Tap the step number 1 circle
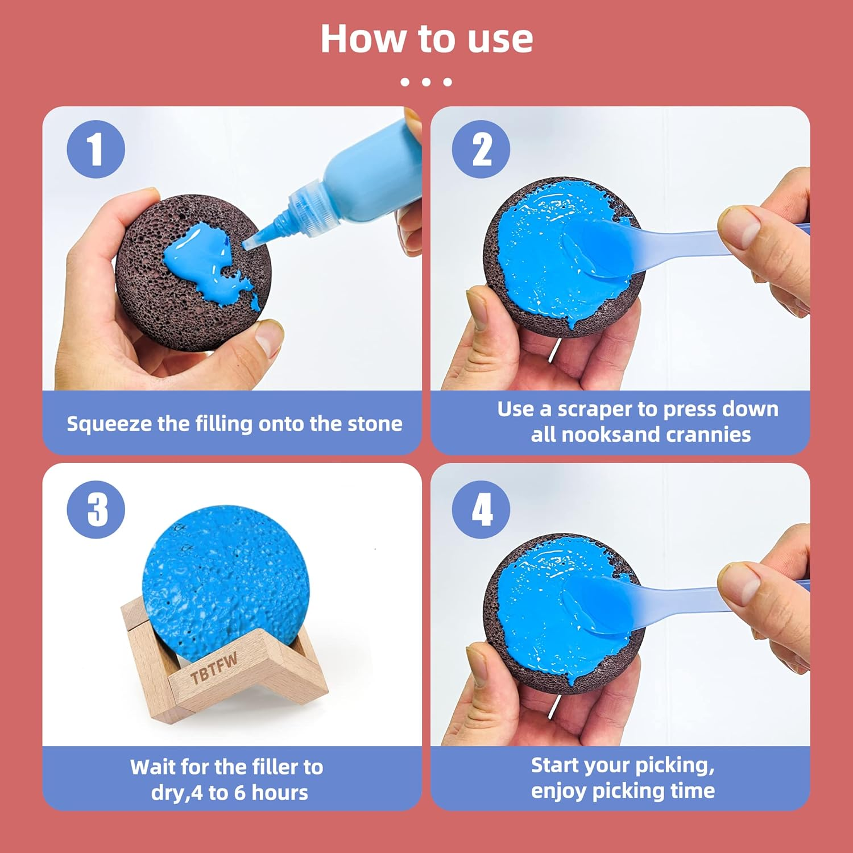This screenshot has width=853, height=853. (96, 149)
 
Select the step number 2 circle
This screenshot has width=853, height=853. (481, 149)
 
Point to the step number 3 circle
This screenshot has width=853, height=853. (96, 509)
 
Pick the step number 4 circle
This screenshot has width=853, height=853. (481, 509)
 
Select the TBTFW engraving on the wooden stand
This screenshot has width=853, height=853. (213, 668)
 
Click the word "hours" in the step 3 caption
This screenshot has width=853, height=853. (279, 793)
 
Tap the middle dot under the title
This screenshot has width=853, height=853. (426, 82)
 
